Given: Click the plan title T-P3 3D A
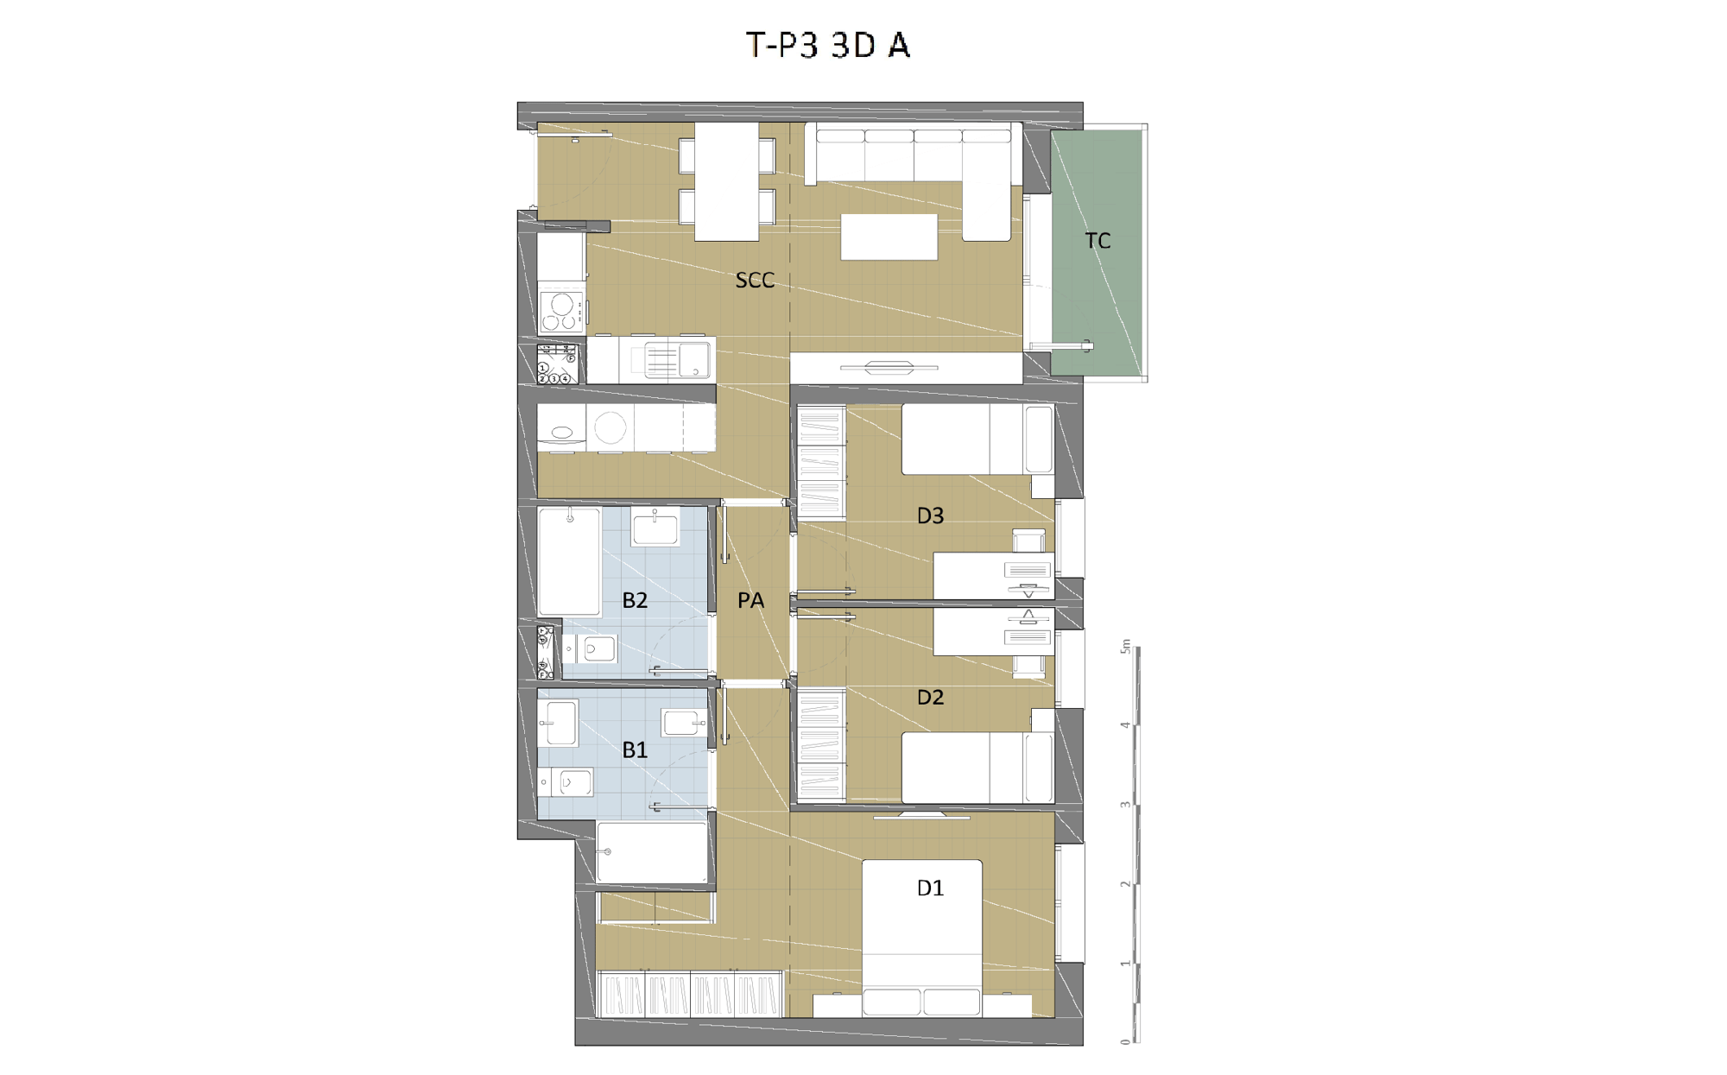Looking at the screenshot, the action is [x=828, y=45].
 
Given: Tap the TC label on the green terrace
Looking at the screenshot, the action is [x=1098, y=241].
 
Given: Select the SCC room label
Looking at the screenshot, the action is [x=755, y=280].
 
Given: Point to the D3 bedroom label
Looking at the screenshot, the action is [x=930, y=515].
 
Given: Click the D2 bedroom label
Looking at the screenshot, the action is [x=930, y=697].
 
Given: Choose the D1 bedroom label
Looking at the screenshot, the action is [x=930, y=888].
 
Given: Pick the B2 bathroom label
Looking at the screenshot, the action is [x=635, y=600].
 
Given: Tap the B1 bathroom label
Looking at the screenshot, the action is [x=635, y=749].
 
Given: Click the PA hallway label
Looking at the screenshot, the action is [x=750, y=600].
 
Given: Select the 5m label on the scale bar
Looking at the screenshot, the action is [x=1125, y=646].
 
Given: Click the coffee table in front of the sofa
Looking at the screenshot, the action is [x=889, y=237].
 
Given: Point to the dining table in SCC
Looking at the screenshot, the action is [x=727, y=181].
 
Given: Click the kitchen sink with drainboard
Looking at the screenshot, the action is [x=679, y=360].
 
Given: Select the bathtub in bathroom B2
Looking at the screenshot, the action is [x=569, y=561].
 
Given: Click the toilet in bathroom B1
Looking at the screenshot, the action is [x=566, y=782].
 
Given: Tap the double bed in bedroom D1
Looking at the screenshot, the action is [x=922, y=938].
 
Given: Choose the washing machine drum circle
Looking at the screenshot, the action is [x=610, y=427].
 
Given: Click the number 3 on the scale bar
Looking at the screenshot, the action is [x=1125, y=805].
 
